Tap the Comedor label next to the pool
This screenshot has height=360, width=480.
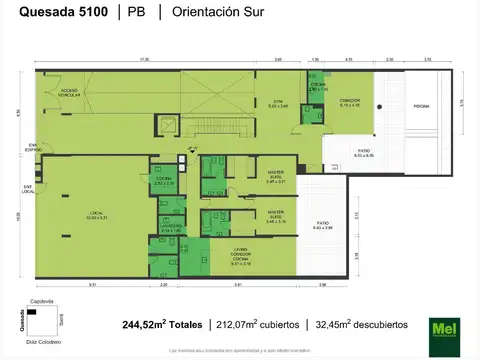tap(348, 102)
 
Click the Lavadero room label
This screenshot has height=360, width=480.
tap(170, 227)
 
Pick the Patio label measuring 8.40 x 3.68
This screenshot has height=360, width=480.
tap(323, 225)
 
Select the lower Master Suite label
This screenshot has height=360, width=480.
tap(275, 214)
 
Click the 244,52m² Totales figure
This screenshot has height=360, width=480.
tap(162, 325)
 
